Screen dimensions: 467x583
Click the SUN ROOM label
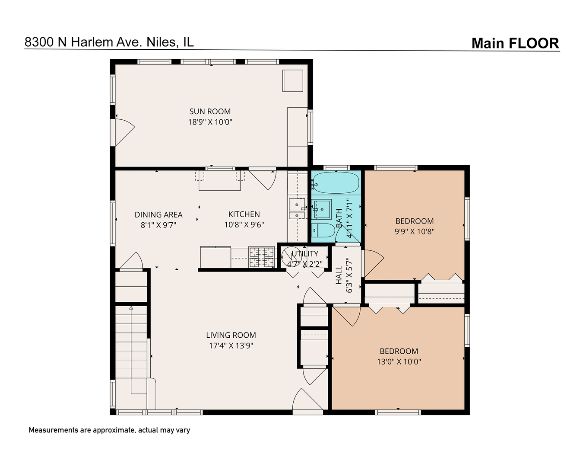tap(210, 112)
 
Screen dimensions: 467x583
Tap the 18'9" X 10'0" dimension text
tap(210, 122)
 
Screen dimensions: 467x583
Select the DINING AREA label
tap(158, 215)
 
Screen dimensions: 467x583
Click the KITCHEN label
tap(244, 214)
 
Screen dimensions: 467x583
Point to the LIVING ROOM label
tap(231, 335)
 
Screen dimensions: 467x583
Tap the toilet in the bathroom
tap(322, 231)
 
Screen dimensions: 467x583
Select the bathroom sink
tap(321, 210)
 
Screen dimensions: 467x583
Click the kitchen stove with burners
tap(262, 257)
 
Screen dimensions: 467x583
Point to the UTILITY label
tap(305, 254)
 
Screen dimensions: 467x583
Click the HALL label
tap(339, 275)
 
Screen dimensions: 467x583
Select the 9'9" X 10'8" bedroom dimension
tap(414, 231)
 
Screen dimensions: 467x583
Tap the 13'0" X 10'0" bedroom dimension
tap(399, 361)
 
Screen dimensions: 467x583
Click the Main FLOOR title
tap(515, 43)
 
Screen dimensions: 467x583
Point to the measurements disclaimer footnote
tap(109, 430)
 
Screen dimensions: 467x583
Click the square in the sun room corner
tap(293, 80)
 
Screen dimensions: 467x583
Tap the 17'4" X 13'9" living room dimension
tap(231, 345)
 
